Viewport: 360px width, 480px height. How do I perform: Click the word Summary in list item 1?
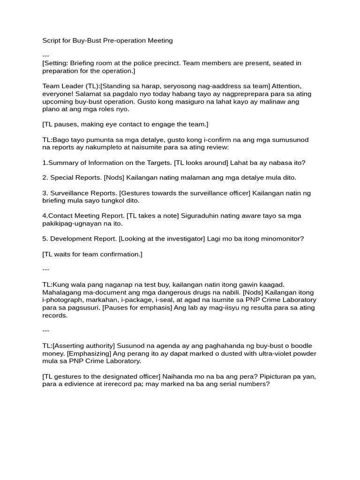coord(62,163)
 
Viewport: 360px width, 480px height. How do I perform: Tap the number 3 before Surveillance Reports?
coord(44,193)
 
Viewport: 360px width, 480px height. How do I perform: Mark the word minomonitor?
coord(281,239)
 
